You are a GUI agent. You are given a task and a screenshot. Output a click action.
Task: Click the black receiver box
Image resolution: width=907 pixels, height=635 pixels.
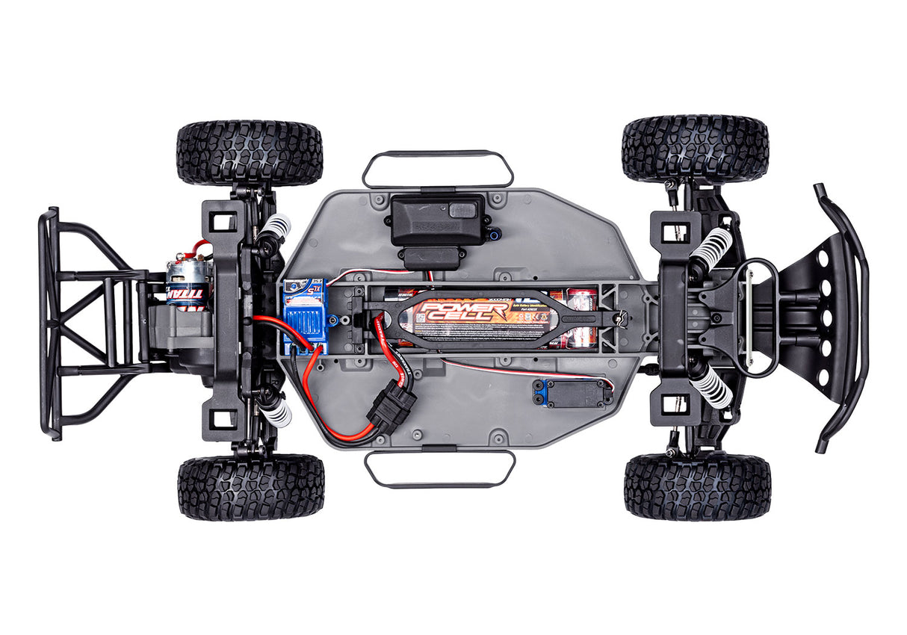438,220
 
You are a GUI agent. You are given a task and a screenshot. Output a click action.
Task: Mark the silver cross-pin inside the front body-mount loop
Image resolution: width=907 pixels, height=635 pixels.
748,317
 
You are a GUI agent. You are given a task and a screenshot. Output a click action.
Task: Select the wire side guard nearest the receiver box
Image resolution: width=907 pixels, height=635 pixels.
438,169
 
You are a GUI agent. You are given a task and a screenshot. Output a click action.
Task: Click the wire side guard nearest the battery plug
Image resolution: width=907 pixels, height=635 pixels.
439,469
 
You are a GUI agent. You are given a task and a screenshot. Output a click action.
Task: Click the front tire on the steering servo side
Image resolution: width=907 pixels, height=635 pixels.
697,486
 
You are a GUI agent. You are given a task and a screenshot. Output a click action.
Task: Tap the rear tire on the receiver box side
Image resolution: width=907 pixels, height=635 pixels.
250,153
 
